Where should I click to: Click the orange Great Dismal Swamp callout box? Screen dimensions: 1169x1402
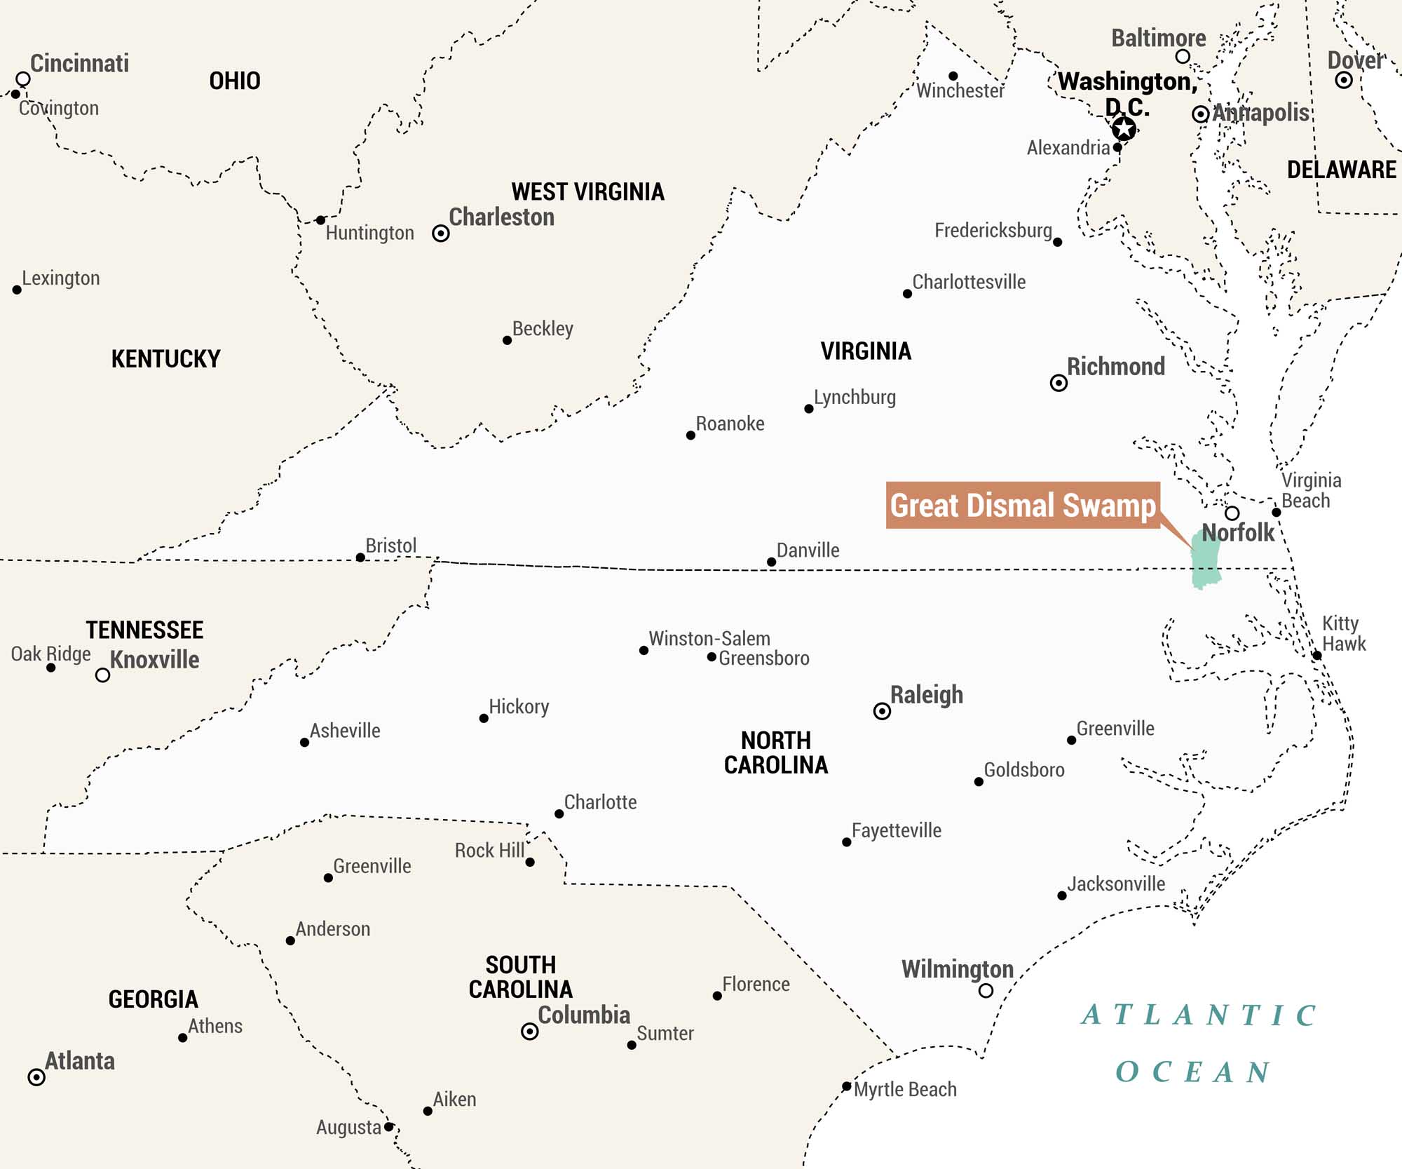pos(1022,505)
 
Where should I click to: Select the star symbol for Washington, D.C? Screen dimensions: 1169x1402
pos(1124,128)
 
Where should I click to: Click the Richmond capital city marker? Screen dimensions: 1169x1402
pos(1059,383)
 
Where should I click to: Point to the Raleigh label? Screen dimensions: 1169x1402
pos(926,695)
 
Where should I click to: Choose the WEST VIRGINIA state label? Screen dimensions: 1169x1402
pos(587,191)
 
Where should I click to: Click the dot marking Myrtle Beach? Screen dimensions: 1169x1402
pos(847,1086)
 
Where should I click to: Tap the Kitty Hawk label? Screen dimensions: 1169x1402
pos(1343,633)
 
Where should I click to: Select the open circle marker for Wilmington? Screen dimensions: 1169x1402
pos(986,991)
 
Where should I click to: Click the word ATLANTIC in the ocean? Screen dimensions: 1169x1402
pos(1199,1015)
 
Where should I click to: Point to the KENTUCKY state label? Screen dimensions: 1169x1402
pos(165,359)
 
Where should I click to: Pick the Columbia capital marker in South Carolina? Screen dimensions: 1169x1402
pos(530,1032)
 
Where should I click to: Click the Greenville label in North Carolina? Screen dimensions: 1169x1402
pos(1115,729)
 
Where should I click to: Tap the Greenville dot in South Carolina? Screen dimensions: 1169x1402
pos(328,878)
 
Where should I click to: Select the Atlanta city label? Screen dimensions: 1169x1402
pos(80,1061)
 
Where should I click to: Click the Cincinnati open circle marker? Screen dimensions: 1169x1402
pos(23,79)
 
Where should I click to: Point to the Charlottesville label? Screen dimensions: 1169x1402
pos(968,282)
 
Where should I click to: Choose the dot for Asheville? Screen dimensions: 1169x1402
pos(304,743)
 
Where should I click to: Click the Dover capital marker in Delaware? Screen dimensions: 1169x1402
pos(1343,80)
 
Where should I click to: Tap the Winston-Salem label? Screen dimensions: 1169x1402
pos(709,639)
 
